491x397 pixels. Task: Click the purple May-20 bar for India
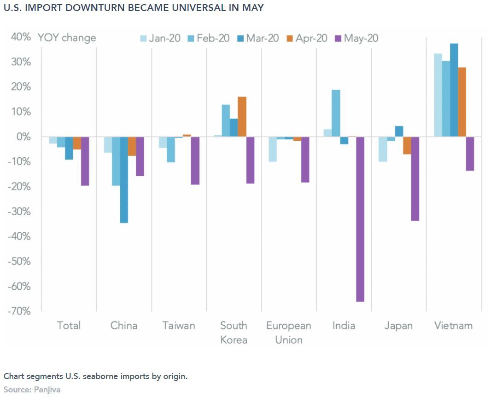(x=360, y=219)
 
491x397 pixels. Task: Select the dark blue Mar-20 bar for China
(x=124, y=179)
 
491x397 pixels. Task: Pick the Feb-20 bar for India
(x=336, y=113)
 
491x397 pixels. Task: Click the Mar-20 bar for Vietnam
(x=454, y=90)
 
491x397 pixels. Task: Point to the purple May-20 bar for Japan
(x=415, y=178)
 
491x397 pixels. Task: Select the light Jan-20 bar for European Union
(x=273, y=149)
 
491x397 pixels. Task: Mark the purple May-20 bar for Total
(x=85, y=161)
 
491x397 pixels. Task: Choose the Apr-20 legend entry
(x=307, y=38)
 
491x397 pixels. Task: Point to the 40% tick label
(x=21, y=37)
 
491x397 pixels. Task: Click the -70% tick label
(x=20, y=311)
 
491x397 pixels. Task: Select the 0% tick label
(x=24, y=137)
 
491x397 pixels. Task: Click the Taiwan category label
(x=179, y=326)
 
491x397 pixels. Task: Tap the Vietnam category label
(x=454, y=326)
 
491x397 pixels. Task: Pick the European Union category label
(x=289, y=333)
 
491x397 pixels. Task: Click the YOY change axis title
(x=67, y=38)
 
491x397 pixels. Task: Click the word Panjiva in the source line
(x=47, y=390)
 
